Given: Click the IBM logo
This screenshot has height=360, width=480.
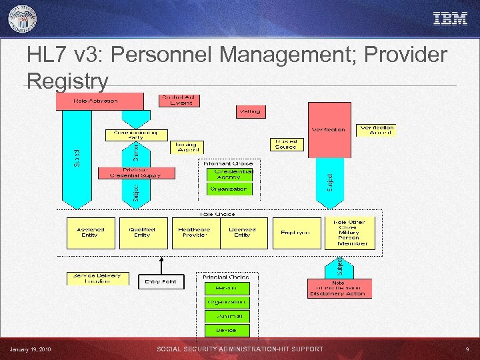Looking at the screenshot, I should pyautogui.click(x=450, y=19).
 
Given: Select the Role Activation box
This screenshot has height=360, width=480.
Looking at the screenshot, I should pyautogui.click(x=100, y=101).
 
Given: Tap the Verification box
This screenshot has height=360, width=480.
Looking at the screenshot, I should pyautogui.click(x=329, y=129).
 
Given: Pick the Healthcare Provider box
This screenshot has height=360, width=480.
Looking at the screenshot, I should pyautogui.click(x=195, y=232).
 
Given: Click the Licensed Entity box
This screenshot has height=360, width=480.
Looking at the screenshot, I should pyautogui.click(x=242, y=232).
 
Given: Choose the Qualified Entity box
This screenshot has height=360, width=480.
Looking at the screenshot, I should pyautogui.click(x=142, y=232).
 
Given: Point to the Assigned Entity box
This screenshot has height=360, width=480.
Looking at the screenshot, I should pyautogui.click(x=90, y=232).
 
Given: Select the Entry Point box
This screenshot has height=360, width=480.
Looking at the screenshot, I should pyautogui.click(x=161, y=281).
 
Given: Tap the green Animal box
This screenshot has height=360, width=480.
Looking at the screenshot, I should pyautogui.click(x=225, y=315).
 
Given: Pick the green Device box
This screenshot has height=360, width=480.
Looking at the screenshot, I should pyautogui.click(x=225, y=329).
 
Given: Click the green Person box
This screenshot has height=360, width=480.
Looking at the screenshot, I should pyautogui.click(x=225, y=288).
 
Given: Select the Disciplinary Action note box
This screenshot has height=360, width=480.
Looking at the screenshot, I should pyautogui.click(x=338, y=288).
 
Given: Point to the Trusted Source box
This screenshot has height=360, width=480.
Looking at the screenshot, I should pyautogui.click(x=285, y=144).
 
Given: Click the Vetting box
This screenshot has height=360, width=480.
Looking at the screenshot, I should pyautogui.click(x=250, y=111).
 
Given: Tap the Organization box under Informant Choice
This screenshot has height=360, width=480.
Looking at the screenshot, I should pyautogui.click(x=228, y=189).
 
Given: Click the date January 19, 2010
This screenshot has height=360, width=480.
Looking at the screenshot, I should pyautogui.click(x=31, y=349).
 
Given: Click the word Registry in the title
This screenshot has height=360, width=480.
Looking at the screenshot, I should pyautogui.click(x=67, y=81).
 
